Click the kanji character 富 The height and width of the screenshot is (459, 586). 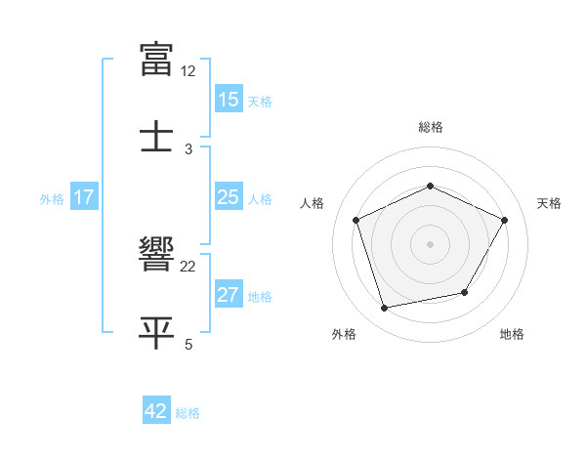157,60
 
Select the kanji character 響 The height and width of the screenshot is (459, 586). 157,256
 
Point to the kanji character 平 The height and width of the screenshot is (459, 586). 157,331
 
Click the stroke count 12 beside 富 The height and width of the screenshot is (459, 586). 188,72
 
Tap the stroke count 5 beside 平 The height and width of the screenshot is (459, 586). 188,344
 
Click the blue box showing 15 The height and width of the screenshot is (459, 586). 229,100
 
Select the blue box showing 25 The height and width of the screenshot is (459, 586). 229,197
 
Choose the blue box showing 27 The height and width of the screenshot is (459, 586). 229,295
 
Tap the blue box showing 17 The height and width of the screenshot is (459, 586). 84,197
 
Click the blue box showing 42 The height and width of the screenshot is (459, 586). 156,411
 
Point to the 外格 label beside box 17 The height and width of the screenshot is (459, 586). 52,198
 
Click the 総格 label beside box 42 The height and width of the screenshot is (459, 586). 188,412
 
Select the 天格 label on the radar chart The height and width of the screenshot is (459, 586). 549,203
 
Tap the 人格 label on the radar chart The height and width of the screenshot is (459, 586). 313,203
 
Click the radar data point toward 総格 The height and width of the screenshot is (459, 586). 431,186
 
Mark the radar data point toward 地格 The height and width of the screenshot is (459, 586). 465,292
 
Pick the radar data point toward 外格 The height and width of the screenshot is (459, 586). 385,309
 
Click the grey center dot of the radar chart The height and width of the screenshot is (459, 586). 431,244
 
